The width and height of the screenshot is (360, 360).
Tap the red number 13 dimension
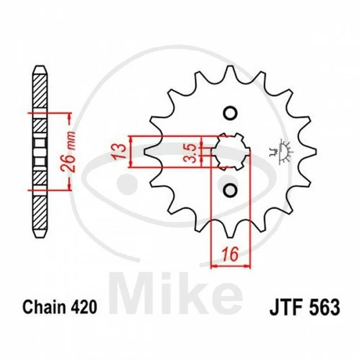tap(119, 151)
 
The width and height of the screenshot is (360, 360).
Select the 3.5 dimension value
tap(190, 152)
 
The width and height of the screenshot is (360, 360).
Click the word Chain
tap(44, 307)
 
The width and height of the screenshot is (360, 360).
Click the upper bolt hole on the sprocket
tap(229, 113)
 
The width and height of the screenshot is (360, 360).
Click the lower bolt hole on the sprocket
tap(229, 190)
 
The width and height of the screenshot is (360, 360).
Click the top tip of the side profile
tap(40, 68)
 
